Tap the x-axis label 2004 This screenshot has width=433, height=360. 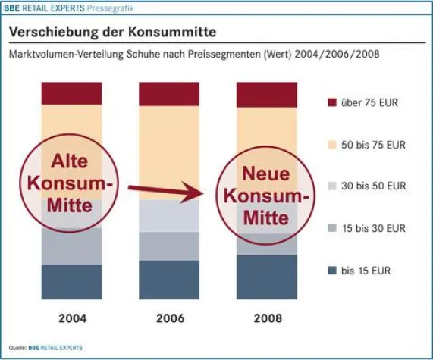coord(71,318)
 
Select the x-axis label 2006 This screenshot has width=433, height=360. coord(168,318)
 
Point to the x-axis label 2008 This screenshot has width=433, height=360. coord(266,318)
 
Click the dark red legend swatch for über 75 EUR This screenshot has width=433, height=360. coord(328,102)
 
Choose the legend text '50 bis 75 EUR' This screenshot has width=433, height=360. coord(373,143)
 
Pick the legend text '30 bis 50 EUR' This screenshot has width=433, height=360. coord(373,186)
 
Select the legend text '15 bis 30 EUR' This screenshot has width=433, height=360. coord(373,227)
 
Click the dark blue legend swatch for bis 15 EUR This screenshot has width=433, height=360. coord(328,270)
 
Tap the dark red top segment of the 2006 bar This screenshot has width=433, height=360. coord(168,93)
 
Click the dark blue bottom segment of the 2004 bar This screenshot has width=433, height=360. coord(71,282)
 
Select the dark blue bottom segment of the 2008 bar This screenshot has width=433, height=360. coord(266,277)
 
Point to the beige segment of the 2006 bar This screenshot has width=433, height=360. coord(168,152)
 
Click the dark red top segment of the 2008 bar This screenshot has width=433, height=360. coord(266,94)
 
